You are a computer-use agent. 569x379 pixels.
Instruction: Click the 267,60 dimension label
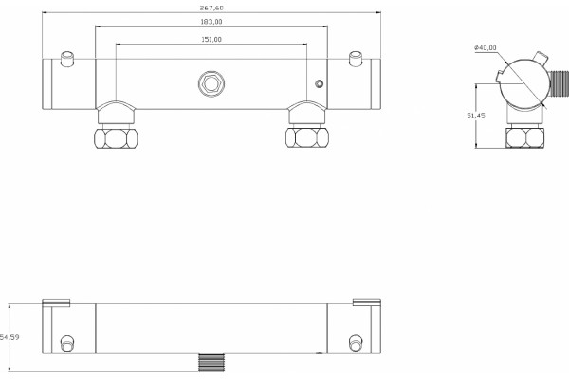(211, 8)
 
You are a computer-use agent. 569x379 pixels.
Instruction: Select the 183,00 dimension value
(211, 22)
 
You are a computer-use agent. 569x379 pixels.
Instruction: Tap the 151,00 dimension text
(211, 40)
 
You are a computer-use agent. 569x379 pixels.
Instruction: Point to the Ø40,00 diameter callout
(486, 47)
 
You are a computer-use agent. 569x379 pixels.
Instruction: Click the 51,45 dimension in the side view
(476, 116)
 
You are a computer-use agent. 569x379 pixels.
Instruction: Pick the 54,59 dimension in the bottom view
(9, 337)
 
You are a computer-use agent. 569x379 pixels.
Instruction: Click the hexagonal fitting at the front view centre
(211, 83)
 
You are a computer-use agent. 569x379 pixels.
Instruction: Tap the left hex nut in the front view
(116, 137)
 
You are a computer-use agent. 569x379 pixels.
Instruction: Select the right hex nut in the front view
(307, 137)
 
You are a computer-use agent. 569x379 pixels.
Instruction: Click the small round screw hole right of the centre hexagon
(319, 83)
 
